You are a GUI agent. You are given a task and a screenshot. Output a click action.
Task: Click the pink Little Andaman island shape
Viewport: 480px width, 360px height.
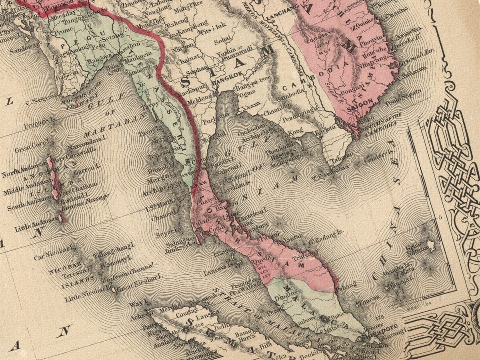pos(62,218)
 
